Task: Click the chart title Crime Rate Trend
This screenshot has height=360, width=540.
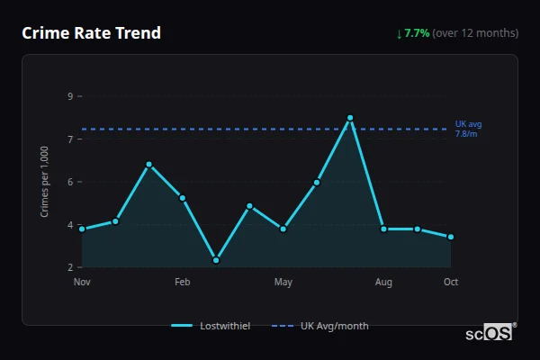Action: (x=91, y=33)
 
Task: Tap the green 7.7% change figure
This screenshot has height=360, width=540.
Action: (x=417, y=33)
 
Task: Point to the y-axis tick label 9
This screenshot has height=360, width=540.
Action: (x=69, y=96)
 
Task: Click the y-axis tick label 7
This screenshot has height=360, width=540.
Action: (x=69, y=139)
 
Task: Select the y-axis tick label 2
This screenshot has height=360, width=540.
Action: (x=69, y=267)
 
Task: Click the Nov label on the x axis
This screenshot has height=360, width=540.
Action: (x=82, y=283)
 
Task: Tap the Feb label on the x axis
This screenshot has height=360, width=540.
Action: (x=183, y=283)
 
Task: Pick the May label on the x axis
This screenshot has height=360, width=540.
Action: (x=283, y=283)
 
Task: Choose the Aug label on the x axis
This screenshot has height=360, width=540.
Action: (x=383, y=283)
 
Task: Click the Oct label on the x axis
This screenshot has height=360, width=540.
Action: (x=451, y=283)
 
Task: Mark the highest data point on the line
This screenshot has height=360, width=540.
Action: (x=350, y=118)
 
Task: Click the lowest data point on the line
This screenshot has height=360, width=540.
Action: (x=216, y=260)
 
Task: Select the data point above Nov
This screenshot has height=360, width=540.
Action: (x=82, y=229)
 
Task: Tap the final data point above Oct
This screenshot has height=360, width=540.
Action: (x=451, y=237)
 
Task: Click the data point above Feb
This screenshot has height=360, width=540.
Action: (x=183, y=198)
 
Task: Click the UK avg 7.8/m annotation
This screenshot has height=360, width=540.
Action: (x=469, y=128)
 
